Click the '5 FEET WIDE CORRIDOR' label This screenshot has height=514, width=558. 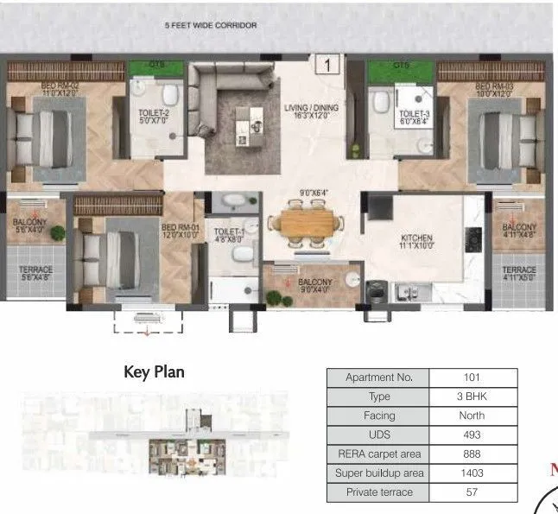point(211,26)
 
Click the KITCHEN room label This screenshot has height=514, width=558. point(416,242)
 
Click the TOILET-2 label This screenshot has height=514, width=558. point(154,117)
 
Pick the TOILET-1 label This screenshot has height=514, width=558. point(228,236)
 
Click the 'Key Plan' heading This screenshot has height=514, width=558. point(155,372)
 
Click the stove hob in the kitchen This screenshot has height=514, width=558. point(473,236)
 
